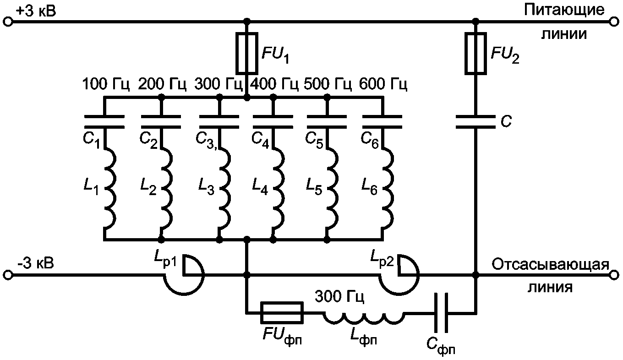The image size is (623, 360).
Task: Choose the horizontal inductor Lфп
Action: coord(364,318)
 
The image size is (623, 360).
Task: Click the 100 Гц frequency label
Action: coord(106,84)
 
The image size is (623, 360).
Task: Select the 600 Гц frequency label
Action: coord(383,84)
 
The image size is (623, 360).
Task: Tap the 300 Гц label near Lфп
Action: coord(339,296)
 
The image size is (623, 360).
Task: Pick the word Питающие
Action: coord(564,10)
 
